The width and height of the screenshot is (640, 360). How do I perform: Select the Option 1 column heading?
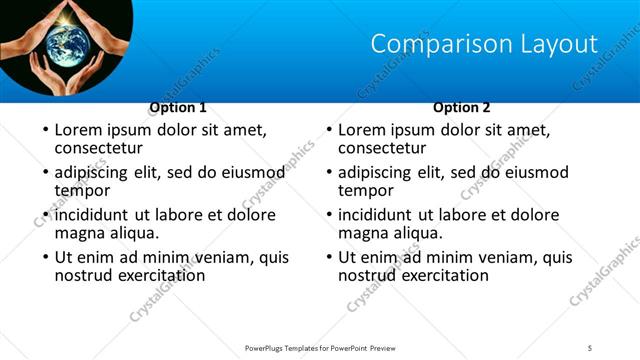click(x=178, y=107)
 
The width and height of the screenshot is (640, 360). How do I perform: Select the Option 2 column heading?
click(x=462, y=107)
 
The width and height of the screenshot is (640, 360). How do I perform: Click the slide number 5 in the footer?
click(x=590, y=347)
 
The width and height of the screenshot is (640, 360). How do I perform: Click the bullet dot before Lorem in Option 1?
click(x=44, y=130)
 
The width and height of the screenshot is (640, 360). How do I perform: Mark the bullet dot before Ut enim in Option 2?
click(x=328, y=257)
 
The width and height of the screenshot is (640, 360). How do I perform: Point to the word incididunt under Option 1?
click(x=95, y=215)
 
